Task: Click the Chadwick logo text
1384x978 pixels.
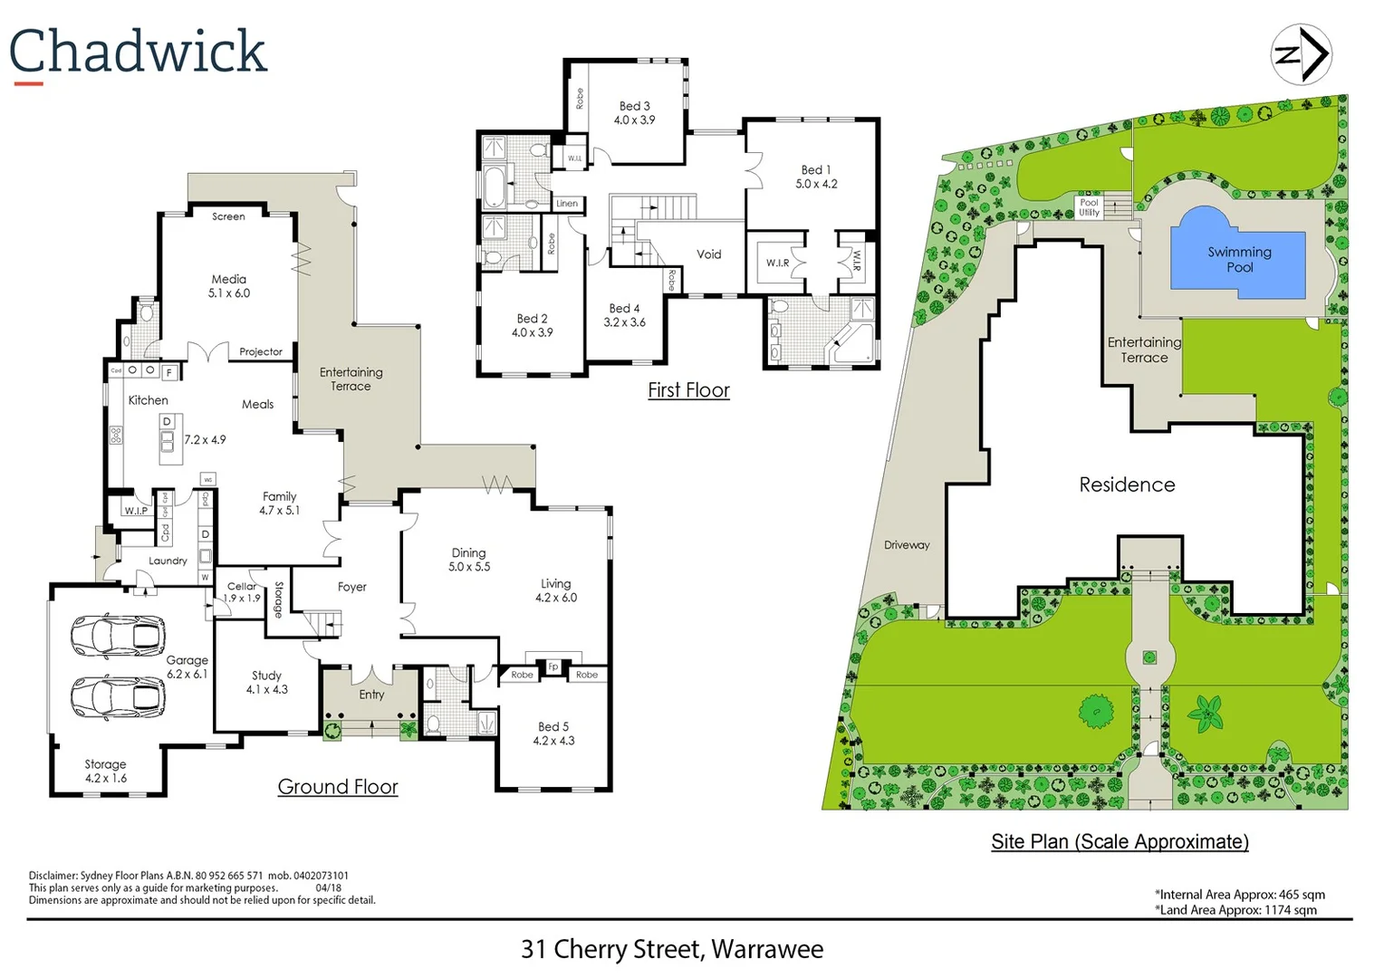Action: (138, 52)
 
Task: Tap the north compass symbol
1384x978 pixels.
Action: (1302, 54)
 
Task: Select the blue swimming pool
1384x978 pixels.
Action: (1238, 254)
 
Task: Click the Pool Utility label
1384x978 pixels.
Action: (1089, 207)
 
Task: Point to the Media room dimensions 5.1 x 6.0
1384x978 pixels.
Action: (229, 293)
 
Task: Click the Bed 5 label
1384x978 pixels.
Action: (553, 726)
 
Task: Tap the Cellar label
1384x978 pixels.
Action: (242, 586)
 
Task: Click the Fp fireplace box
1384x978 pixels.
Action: (553, 667)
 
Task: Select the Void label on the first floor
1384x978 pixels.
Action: (708, 254)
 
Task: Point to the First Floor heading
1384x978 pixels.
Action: (688, 390)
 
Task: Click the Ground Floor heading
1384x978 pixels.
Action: (338, 787)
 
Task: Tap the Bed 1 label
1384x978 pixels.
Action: (815, 169)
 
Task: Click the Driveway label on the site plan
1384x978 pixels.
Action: (907, 545)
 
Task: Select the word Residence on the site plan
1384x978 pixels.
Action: (1127, 484)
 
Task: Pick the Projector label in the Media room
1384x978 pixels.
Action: (261, 351)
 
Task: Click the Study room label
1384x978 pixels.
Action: (266, 676)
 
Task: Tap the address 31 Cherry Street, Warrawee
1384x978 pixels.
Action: (671, 949)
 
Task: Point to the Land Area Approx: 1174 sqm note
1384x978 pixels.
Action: (1237, 910)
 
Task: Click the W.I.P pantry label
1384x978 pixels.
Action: (136, 511)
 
